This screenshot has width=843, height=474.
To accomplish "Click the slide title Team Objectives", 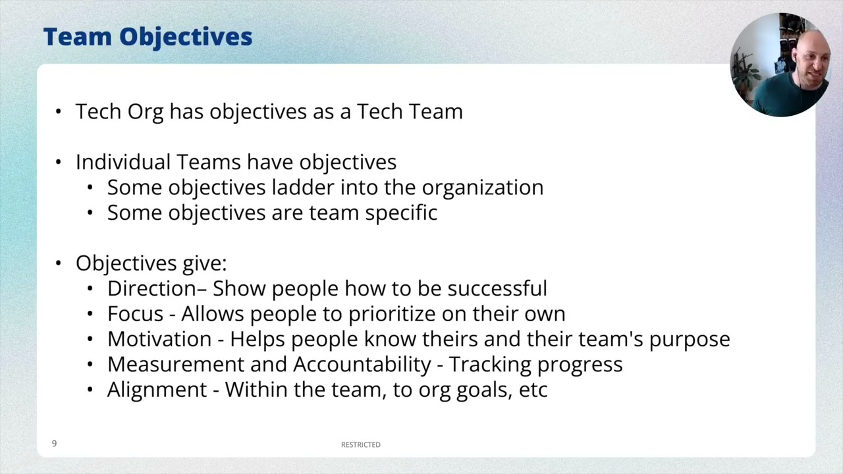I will tap(148, 37).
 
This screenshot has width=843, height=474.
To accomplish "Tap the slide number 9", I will tap(54, 444).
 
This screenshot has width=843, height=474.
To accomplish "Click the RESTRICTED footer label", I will tap(360, 445).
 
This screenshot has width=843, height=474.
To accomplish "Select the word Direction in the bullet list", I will tap(151, 288).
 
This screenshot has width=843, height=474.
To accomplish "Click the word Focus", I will tap(135, 313).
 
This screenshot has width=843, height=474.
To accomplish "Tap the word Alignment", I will tap(157, 390).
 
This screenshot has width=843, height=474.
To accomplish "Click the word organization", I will tap(482, 188).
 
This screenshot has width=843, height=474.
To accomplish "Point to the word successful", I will tap(497, 288).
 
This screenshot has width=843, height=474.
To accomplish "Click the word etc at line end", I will tap(533, 390).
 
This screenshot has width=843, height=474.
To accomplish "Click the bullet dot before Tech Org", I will tap(59, 112).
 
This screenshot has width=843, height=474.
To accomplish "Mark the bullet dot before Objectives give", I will tap(59, 263).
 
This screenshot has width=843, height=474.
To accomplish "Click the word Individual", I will tap(123, 162).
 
